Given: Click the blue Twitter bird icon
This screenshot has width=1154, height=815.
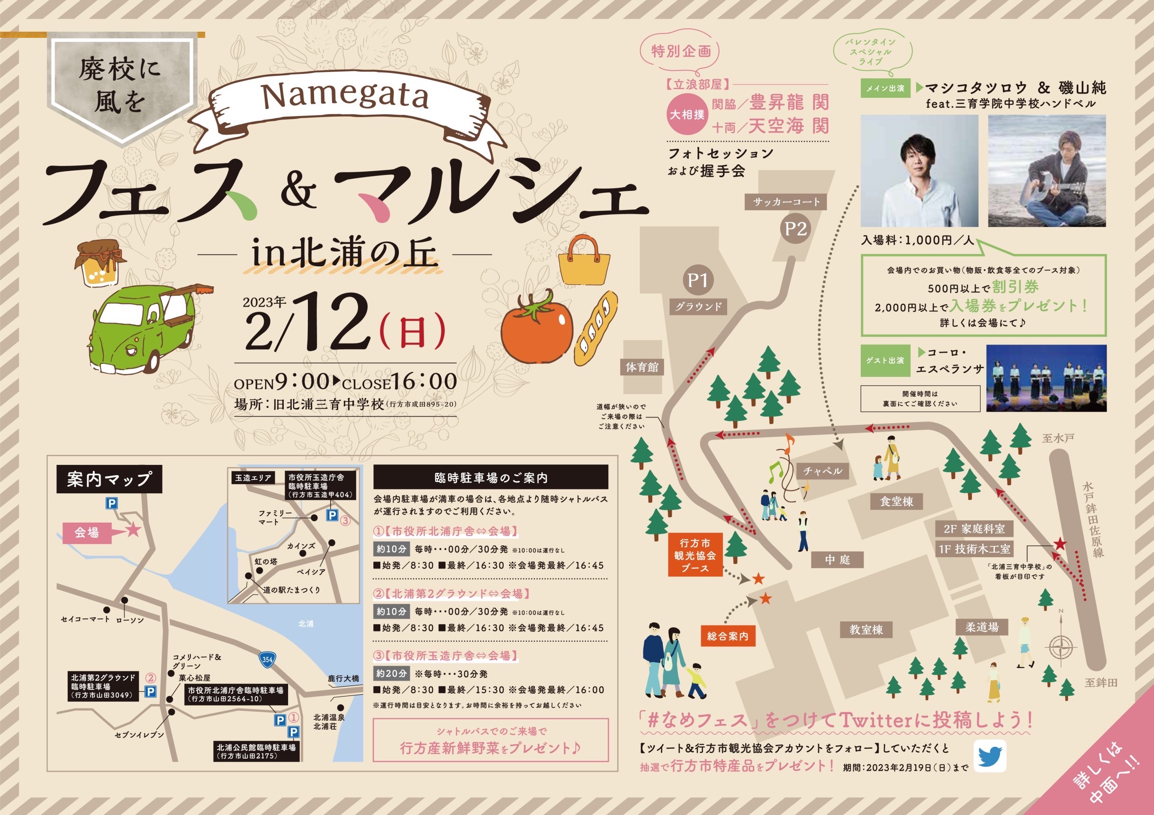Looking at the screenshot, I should pyautogui.click(x=990, y=756).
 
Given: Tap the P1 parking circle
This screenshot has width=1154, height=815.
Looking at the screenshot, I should pyautogui.click(x=698, y=281).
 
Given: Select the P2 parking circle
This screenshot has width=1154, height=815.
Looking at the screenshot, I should pyautogui.click(x=796, y=229).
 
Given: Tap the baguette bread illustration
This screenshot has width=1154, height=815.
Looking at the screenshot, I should pyautogui.click(x=596, y=328).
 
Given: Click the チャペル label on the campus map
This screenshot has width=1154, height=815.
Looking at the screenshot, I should pyautogui.click(x=822, y=471).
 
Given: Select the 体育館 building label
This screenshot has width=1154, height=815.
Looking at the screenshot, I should pyautogui.click(x=642, y=367).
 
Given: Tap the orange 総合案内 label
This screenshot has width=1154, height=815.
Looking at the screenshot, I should pyautogui.click(x=727, y=636).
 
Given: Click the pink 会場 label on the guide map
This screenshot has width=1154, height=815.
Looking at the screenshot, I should pyautogui.click(x=87, y=533).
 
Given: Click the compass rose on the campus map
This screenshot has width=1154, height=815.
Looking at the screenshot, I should pyautogui.click(x=1062, y=647).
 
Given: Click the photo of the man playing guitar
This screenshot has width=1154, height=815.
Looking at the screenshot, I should pyautogui.click(x=1047, y=171).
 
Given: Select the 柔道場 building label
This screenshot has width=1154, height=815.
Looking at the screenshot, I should pyautogui.click(x=982, y=627).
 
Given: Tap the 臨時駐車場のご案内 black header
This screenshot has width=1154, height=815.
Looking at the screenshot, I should pyautogui.click(x=491, y=477).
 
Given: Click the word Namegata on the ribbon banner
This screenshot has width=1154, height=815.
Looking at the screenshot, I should pyautogui.click(x=345, y=97).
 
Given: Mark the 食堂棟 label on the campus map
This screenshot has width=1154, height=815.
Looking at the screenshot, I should pyautogui.click(x=897, y=501).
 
